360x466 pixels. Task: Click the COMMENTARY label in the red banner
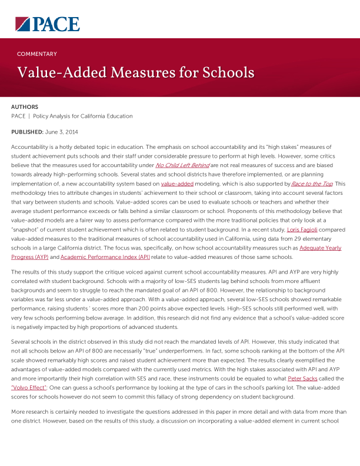[x=37, y=54]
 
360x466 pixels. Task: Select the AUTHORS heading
[x=25, y=106]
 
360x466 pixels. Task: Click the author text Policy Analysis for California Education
[x=83, y=116]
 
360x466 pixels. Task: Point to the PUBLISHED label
[x=27, y=132]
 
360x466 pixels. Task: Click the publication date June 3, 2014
[x=62, y=132]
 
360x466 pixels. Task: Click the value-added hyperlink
[x=176, y=184]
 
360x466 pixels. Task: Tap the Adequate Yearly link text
[x=320, y=248]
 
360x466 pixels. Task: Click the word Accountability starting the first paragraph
[x=31, y=146]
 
